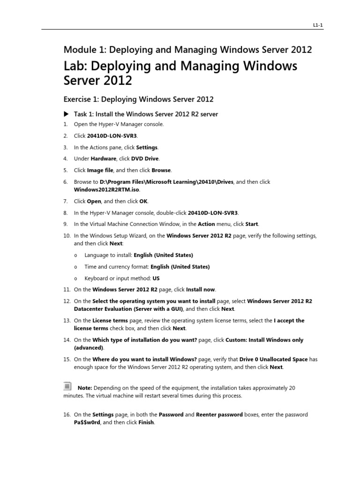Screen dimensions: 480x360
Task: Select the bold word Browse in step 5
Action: pos(161,170)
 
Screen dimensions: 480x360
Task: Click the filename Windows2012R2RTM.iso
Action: pos(107,189)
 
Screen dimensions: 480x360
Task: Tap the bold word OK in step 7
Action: pos(143,201)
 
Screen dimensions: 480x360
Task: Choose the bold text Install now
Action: pos(202,289)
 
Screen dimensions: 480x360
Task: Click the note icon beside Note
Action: pos(67,386)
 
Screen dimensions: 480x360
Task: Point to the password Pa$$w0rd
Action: pos(87,422)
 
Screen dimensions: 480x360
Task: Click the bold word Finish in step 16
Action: pos(146,422)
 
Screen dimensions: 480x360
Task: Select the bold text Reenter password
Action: pos(219,415)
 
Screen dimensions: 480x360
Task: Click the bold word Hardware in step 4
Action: pos(104,158)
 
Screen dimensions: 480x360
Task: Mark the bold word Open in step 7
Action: pos(94,201)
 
